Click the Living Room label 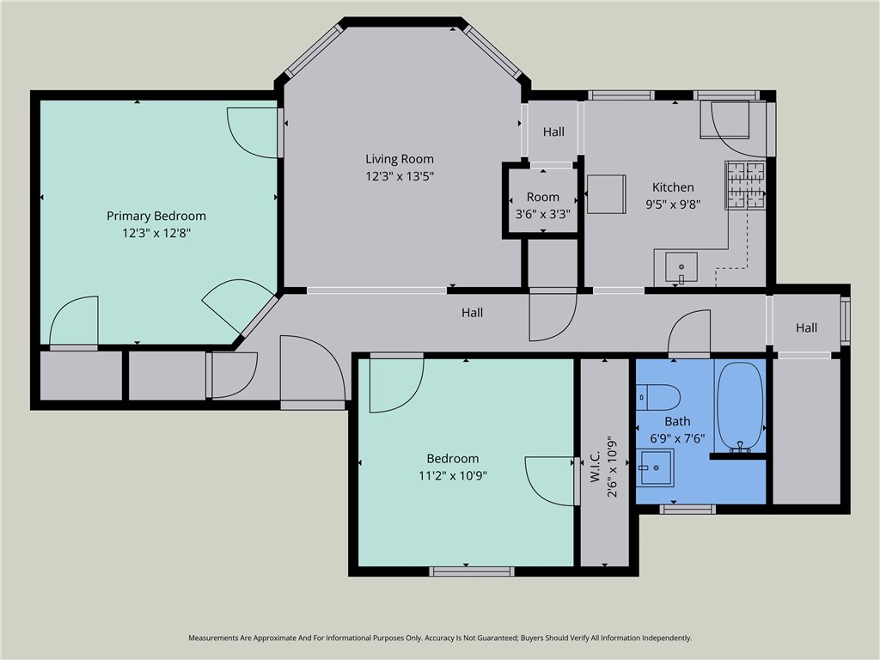[400, 159]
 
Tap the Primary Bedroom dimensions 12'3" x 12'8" [156, 232]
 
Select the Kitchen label [673, 186]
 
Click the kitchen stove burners [745, 186]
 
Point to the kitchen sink [681, 267]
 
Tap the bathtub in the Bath [740, 406]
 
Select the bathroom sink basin [656, 467]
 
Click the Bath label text [677, 421]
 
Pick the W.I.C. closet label [596, 467]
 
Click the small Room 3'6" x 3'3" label [543, 205]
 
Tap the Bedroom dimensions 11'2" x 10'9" [453, 476]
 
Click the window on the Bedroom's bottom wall [472, 571]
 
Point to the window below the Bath [687, 509]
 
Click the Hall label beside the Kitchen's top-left [553, 131]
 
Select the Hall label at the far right [806, 327]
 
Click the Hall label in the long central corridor [472, 313]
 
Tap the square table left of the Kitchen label [607, 194]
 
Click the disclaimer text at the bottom [440, 639]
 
